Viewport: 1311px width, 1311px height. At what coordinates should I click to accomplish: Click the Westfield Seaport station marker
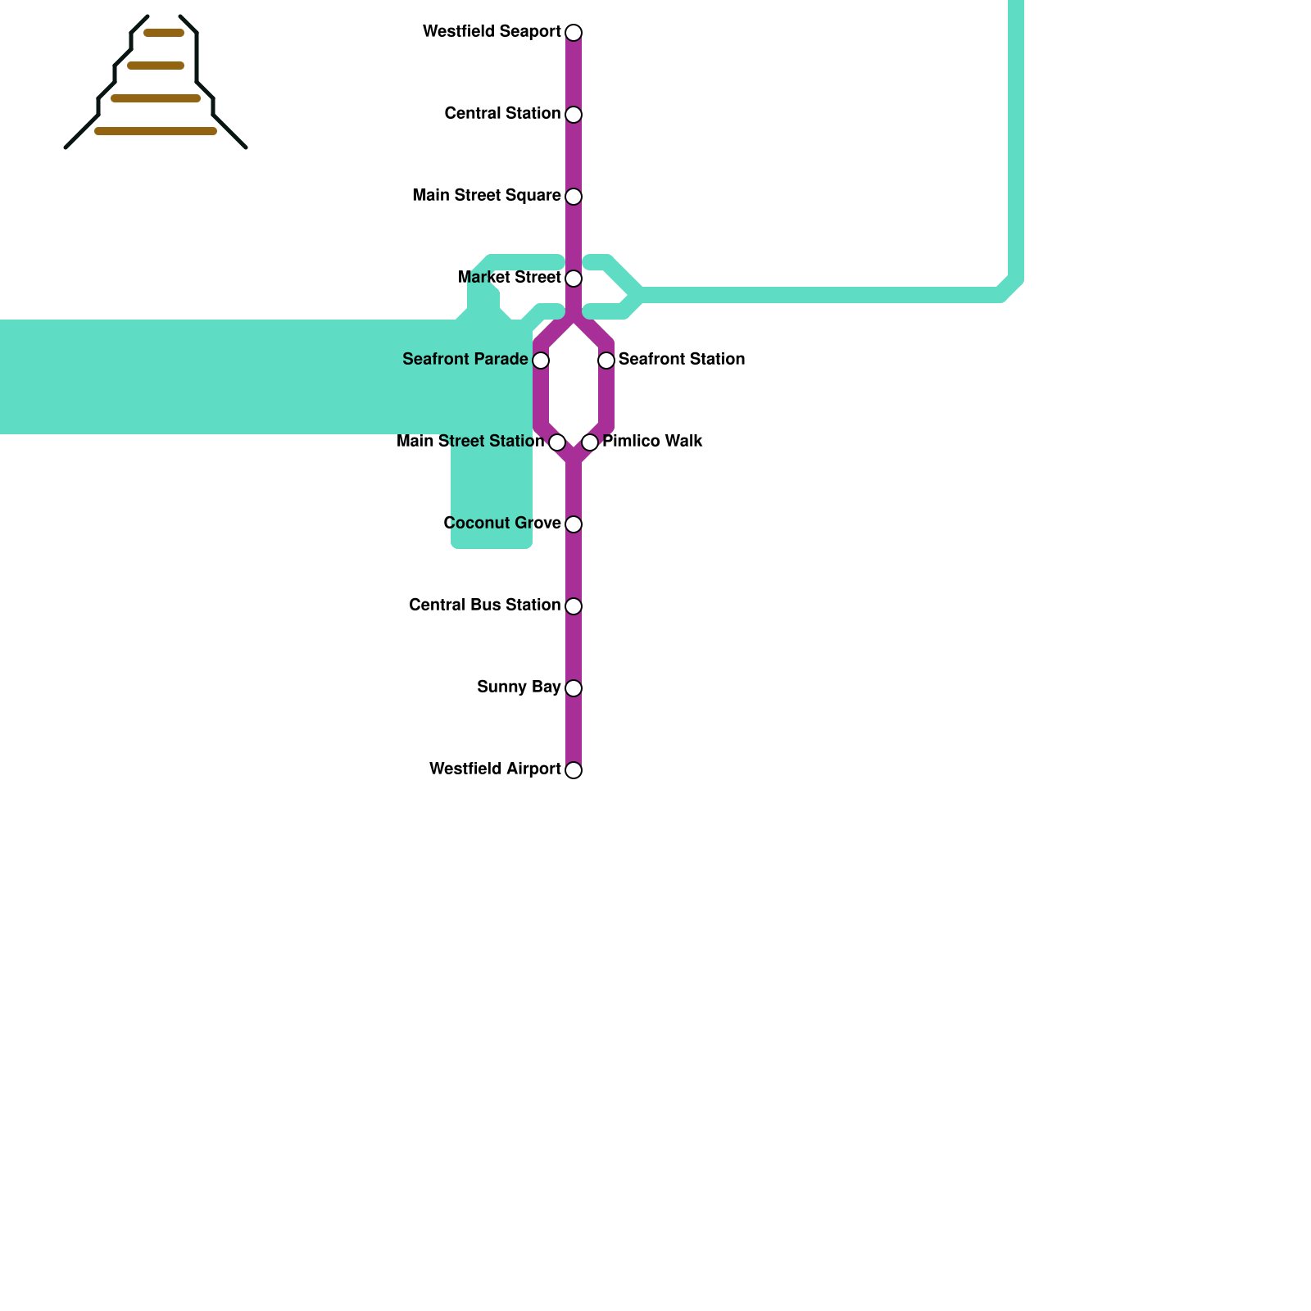(x=574, y=33)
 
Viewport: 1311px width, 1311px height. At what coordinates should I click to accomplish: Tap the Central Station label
(x=502, y=114)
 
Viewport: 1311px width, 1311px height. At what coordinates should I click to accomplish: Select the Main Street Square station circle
(x=574, y=197)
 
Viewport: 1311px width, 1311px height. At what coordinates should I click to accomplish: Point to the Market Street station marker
(x=574, y=279)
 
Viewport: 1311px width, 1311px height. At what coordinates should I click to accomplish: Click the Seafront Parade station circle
(x=541, y=361)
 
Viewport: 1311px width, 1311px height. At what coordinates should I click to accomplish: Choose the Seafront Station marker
(x=606, y=361)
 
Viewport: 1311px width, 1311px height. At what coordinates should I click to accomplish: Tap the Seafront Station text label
(x=681, y=360)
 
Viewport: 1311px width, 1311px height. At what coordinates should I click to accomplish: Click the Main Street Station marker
(x=557, y=442)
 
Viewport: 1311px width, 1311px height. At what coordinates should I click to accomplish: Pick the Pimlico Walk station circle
(x=590, y=442)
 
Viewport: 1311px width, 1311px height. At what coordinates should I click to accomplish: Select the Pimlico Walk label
(x=652, y=442)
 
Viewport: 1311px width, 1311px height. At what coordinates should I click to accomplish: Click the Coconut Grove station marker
(x=574, y=524)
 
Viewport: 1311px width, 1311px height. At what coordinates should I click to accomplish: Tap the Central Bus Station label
(x=484, y=606)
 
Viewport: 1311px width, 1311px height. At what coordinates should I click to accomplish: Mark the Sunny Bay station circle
(x=574, y=688)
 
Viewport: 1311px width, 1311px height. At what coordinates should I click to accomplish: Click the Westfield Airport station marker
(x=574, y=770)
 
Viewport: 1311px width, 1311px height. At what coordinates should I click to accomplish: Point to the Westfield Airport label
(x=495, y=769)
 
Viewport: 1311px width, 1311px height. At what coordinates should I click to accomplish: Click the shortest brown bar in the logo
(x=164, y=34)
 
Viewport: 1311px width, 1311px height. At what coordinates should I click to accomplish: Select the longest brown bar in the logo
(x=156, y=131)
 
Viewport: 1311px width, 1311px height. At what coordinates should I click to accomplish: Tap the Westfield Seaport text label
(x=492, y=32)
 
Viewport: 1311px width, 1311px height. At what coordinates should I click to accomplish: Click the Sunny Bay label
(x=519, y=687)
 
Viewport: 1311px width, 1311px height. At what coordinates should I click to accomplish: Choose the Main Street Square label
(x=487, y=196)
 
